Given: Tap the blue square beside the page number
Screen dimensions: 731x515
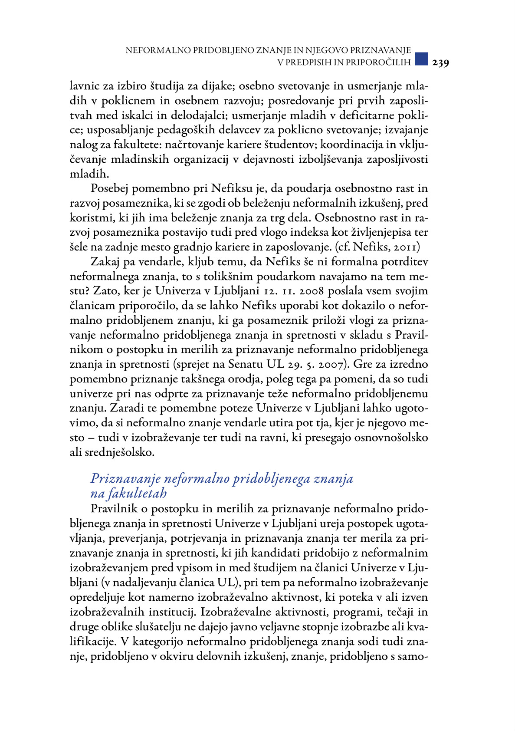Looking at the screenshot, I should click(x=421, y=59).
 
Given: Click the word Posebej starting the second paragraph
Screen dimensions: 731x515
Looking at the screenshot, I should click(x=109, y=189).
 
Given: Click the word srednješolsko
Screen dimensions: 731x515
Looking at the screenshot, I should click(x=119, y=453).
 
